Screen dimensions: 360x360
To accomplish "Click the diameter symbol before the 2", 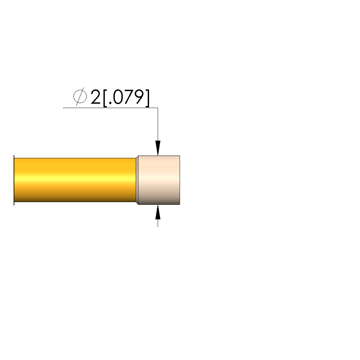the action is tap(80, 96).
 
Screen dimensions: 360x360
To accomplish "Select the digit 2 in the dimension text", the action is tap(95, 97).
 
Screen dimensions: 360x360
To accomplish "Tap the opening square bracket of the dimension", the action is tap(105, 98).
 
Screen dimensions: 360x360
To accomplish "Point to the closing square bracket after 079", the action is tap(147, 98).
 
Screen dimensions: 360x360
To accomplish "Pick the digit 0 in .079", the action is tap(118, 97).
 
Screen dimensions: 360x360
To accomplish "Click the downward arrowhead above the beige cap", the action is tap(158, 148).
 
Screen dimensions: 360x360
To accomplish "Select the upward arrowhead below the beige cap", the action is tap(158, 212).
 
